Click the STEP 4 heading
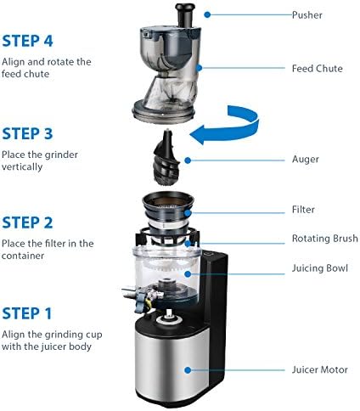coord(27,41)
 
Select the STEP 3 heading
coord(27,133)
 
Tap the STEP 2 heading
coord(27,222)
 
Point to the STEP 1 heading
coord(27,313)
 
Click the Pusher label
coord(307,14)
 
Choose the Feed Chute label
coord(318,69)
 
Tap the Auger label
coord(306,160)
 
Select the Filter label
coord(303,210)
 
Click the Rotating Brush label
coord(325,239)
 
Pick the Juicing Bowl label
coord(320,268)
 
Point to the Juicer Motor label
coord(320,369)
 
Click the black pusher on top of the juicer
coord(185,14)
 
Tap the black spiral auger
coord(167,158)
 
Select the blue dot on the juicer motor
coord(188,370)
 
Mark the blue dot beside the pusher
coord(207,14)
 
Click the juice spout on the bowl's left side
coord(130,292)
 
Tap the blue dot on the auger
coord(188,160)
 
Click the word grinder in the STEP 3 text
coord(61,155)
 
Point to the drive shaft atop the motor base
coord(169,314)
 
